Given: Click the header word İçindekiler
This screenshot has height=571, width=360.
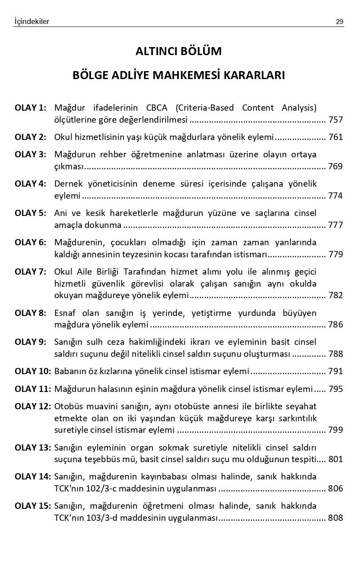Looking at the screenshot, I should click(x=32, y=21).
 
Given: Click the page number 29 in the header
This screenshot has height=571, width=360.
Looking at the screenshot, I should click(x=340, y=21).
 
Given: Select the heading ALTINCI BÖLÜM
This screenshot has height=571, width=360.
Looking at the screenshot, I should click(x=179, y=52).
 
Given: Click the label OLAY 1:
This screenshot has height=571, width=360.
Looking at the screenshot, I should click(x=30, y=108).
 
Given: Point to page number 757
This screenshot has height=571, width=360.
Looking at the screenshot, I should click(x=336, y=120).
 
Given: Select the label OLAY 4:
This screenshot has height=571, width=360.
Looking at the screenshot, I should click(x=30, y=184).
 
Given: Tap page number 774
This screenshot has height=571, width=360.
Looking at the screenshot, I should click(x=336, y=196).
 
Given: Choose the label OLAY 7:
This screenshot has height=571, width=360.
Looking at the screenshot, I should click(x=30, y=271).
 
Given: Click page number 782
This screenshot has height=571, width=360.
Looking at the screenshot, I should click(x=336, y=295).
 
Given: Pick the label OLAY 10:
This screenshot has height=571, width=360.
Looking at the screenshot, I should click(x=32, y=371).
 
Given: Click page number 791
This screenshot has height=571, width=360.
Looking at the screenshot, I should click(x=336, y=371).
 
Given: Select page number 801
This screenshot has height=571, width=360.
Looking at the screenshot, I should click(x=336, y=459).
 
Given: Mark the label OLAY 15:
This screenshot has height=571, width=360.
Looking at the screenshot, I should click(x=32, y=506).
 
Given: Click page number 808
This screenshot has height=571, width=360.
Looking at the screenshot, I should click(x=336, y=518).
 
